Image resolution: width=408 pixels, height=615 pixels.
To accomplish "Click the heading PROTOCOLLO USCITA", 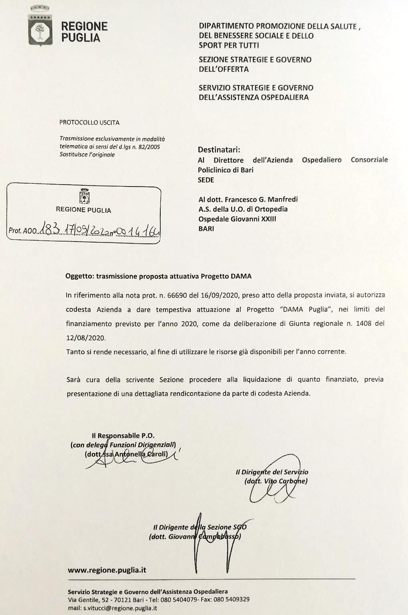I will pyautogui.click(x=89, y=122).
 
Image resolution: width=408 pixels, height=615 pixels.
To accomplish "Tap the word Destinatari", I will pyautogui.click(x=218, y=150).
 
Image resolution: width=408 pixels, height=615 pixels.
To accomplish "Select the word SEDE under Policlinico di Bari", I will pyautogui.click(x=206, y=180).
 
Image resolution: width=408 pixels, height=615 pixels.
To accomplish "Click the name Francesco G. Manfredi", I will pyautogui.click(x=261, y=199).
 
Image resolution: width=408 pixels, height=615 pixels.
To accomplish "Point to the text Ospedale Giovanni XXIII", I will pyautogui.click(x=237, y=219).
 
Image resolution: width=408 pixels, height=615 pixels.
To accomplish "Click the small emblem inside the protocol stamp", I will pyautogui.click(x=84, y=197).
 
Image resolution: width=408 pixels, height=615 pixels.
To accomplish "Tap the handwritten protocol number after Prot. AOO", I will pyautogui.click(x=100, y=230).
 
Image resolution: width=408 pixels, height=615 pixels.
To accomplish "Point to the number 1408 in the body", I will pyautogui.click(x=363, y=323).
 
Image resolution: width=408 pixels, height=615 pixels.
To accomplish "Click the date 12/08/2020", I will pyautogui.click(x=86, y=338).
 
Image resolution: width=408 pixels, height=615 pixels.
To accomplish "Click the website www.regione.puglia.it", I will pyautogui.click(x=107, y=570).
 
